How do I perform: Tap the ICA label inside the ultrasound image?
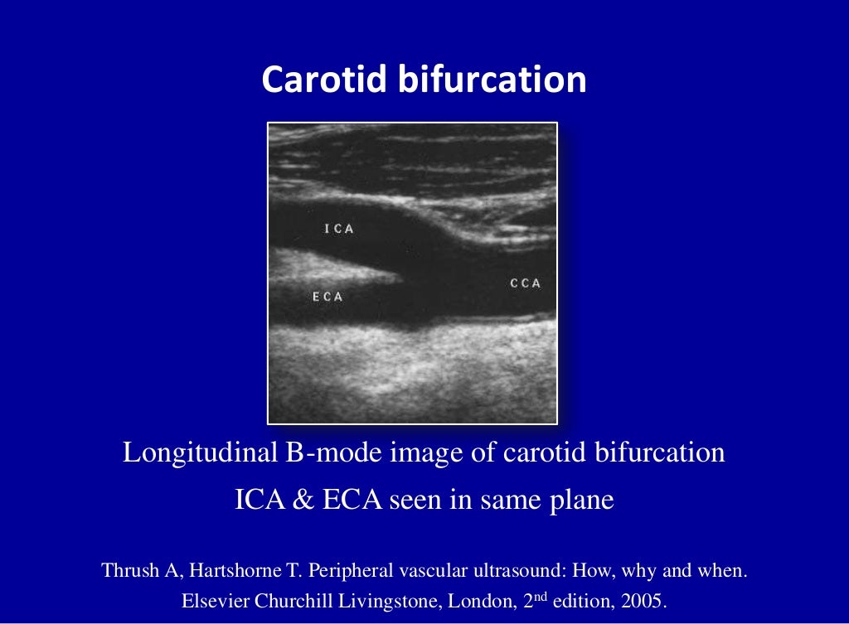pos(339,230)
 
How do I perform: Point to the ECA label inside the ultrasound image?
pos(327,297)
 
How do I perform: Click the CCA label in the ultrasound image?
pos(525,283)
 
